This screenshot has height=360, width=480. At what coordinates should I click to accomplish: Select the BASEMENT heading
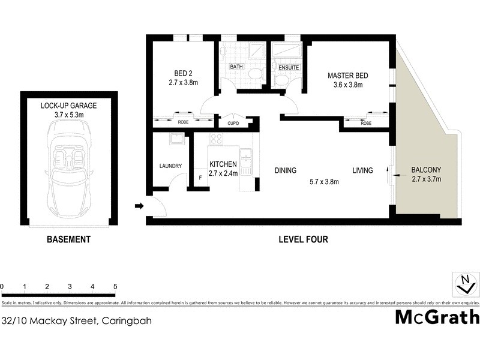pyautogui.click(x=68, y=239)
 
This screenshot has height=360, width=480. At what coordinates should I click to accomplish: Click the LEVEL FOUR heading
pyautogui.click(x=303, y=239)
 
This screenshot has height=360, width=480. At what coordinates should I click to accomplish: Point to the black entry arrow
pyautogui.click(x=139, y=206)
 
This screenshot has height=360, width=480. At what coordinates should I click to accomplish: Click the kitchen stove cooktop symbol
pyautogui.click(x=216, y=139)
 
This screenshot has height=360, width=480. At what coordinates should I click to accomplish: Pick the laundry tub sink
pyautogui.click(x=177, y=140)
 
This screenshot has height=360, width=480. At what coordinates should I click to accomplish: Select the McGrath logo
pyautogui.click(x=437, y=317)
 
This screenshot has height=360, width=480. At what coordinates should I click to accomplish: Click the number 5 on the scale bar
pyautogui.click(x=115, y=287)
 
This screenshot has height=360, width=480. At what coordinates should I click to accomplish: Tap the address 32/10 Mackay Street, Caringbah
pyautogui.click(x=76, y=320)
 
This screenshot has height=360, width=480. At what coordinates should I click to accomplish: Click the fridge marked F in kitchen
pyautogui.click(x=200, y=178)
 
